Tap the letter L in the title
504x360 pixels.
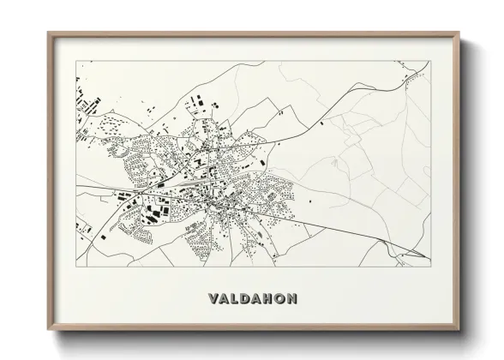click(x=235, y=299)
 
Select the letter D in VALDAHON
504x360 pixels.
click(x=246, y=299)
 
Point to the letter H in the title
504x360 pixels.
click(x=269, y=299)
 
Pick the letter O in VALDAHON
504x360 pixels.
click(x=281, y=299)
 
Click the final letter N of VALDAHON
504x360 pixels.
click(x=293, y=299)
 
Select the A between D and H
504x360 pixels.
click(x=258, y=299)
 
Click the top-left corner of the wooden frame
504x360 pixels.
click(x=48, y=33)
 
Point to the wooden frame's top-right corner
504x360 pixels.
click(x=460, y=33)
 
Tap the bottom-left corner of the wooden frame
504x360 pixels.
click(x=48, y=329)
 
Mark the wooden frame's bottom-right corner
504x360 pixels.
click(x=460, y=329)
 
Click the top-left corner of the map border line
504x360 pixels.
click(x=75, y=61)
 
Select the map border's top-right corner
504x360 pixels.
click(x=430, y=61)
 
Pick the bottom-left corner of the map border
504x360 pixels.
click(x=75, y=260)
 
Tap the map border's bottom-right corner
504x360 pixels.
click(x=430, y=260)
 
